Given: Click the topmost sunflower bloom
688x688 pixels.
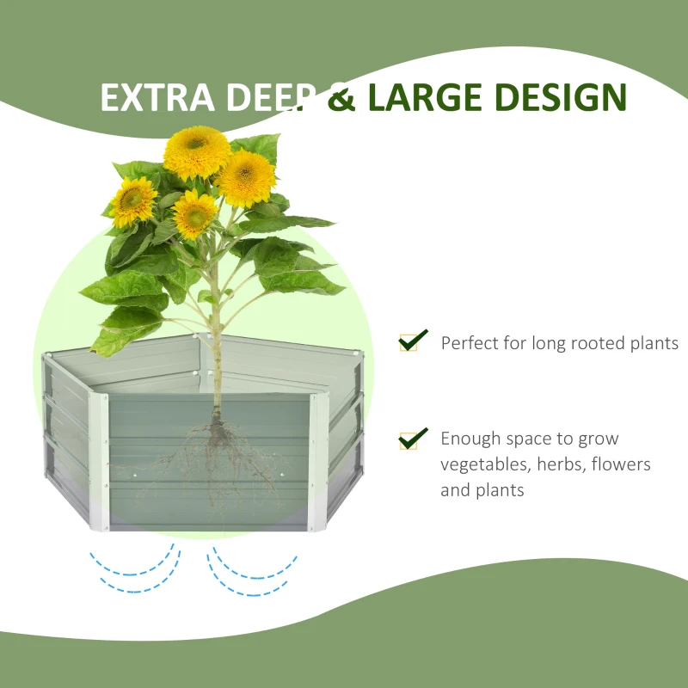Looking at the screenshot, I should click(x=197, y=152).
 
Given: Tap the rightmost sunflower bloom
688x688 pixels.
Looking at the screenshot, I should click(x=245, y=178).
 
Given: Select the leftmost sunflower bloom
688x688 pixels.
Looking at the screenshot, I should click(x=133, y=201).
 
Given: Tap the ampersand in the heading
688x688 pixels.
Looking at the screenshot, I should click(x=343, y=97).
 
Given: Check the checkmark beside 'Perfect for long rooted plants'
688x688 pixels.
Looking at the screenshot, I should click(x=411, y=341).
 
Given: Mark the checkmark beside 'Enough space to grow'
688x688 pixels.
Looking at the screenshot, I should click(x=411, y=438).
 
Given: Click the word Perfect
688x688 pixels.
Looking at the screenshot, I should click(x=470, y=343).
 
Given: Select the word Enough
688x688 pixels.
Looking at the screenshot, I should click(x=470, y=439).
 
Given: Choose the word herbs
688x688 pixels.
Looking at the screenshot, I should click(x=558, y=464).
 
